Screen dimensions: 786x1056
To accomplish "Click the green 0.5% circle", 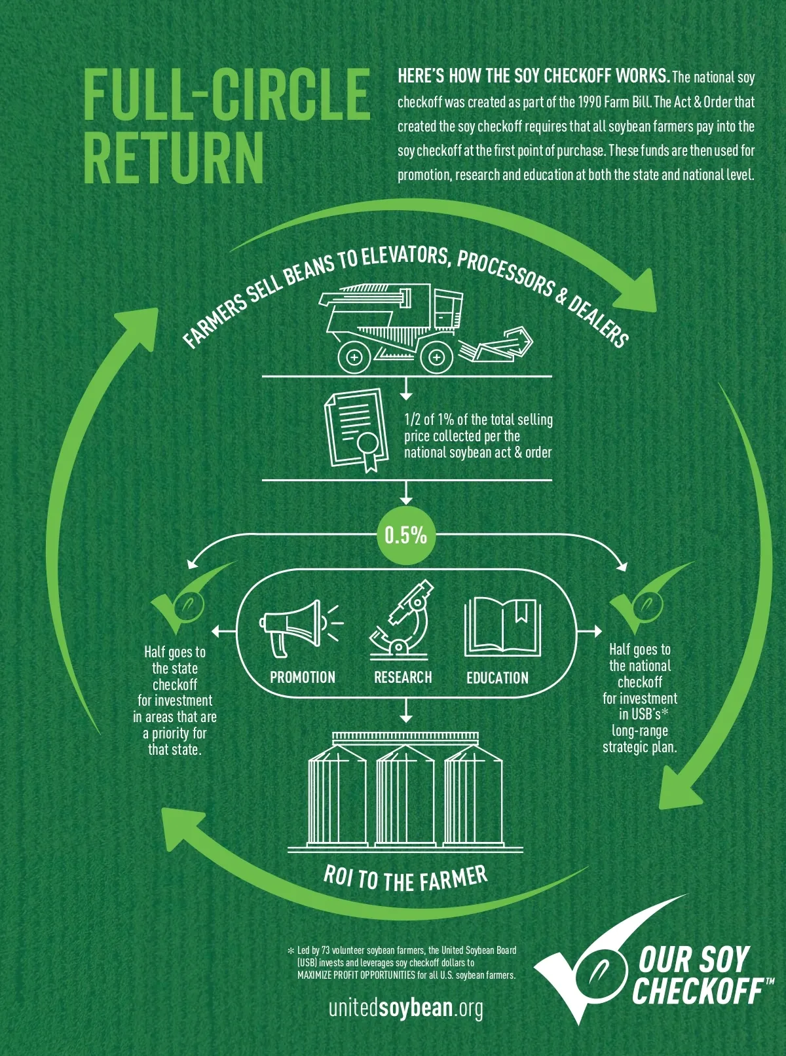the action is pos(405,536).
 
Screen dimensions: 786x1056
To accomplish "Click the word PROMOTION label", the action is pos(303,678).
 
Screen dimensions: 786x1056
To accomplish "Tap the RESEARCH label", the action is pos(403,678).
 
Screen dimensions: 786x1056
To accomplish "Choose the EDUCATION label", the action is pos(497,678).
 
